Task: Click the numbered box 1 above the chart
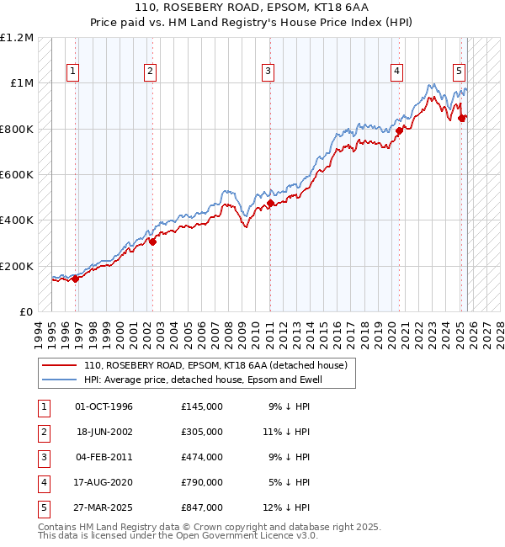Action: click(74, 72)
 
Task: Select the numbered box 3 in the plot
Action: click(267, 72)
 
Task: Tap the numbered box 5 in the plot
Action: click(460, 72)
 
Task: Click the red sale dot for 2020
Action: click(400, 130)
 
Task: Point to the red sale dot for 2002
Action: click(153, 242)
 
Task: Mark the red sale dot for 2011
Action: click(270, 203)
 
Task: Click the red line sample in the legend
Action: click(60, 365)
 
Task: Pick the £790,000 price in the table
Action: click(201, 482)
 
